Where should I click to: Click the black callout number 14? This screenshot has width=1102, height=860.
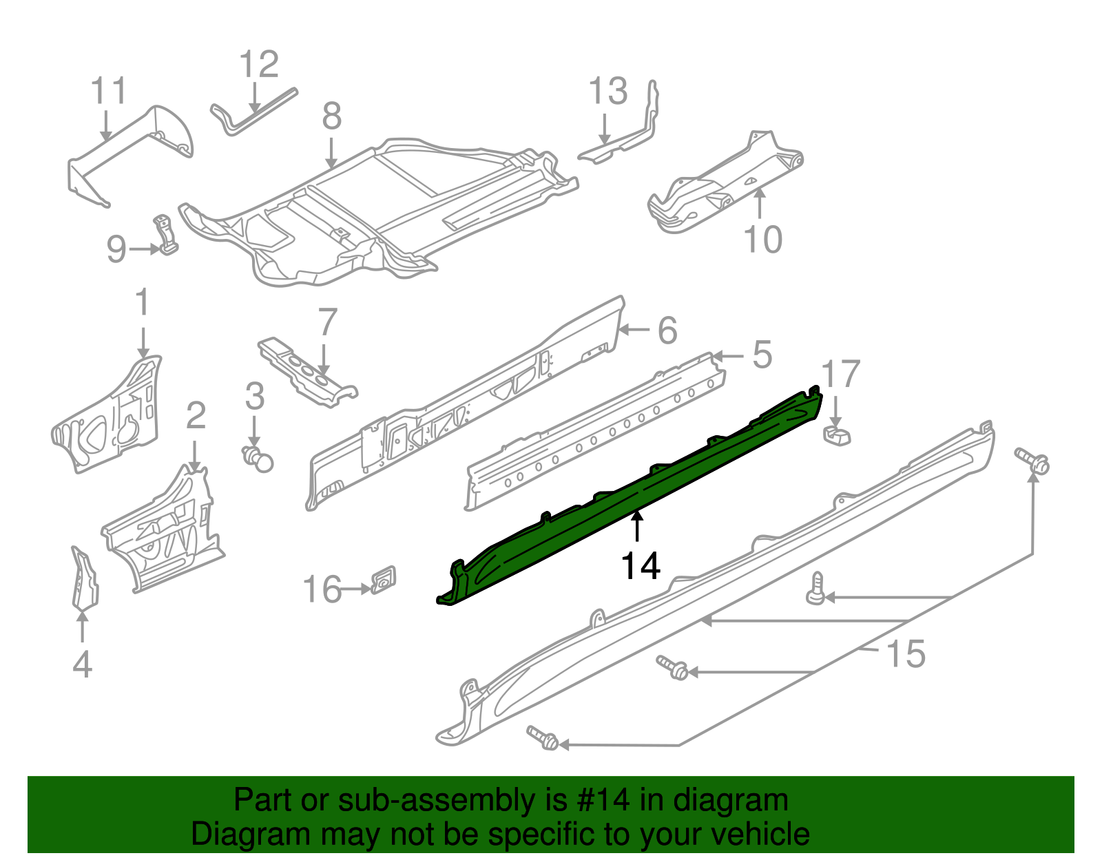[x=641, y=566]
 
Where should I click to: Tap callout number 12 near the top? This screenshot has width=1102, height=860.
[x=259, y=65]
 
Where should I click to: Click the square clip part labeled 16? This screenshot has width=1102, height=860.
[x=384, y=580]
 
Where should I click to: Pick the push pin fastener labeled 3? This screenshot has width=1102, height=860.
[x=258, y=458]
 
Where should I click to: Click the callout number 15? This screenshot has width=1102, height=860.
[x=906, y=653]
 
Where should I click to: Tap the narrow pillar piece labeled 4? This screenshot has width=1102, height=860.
[x=84, y=578]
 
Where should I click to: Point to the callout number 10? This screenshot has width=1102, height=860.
[x=763, y=240]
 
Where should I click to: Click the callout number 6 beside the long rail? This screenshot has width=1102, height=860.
[x=667, y=331]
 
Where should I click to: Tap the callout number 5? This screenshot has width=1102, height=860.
[x=762, y=355]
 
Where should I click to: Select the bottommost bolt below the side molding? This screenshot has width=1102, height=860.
[x=543, y=737]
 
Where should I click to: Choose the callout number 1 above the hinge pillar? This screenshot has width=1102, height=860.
[x=142, y=303]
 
